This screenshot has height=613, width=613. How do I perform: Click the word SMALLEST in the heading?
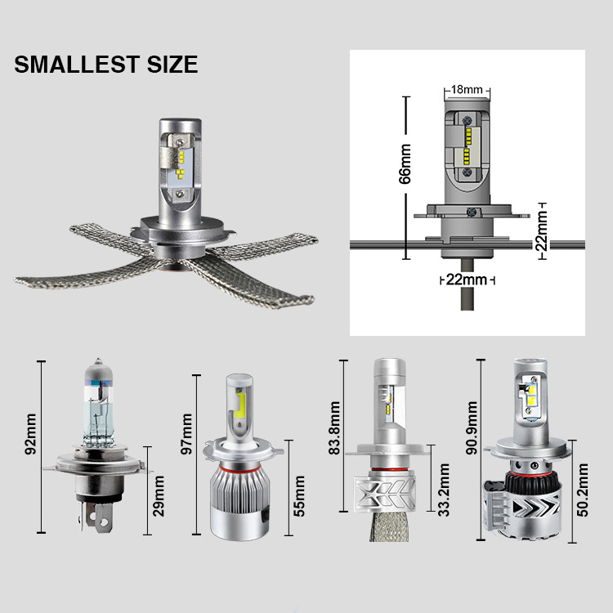[77, 65]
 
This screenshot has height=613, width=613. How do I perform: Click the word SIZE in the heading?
[172, 65]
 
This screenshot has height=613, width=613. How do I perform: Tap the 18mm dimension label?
[467, 90]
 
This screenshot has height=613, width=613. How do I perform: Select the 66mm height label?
[405, 163]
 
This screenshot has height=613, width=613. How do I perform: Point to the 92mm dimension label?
[30, 434]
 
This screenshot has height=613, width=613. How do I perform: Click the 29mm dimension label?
[159, 496]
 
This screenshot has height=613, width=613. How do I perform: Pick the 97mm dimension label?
[186, 434]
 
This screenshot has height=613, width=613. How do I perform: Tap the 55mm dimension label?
[299, 496]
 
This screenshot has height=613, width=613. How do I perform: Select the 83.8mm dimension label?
[334, 427]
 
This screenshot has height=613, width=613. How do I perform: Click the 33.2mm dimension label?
[444, 490]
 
